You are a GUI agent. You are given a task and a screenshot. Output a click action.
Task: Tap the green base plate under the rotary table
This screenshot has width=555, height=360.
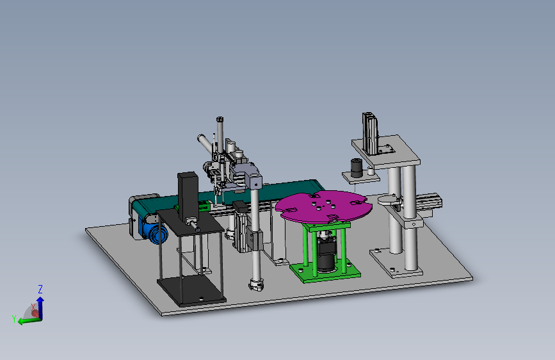325,271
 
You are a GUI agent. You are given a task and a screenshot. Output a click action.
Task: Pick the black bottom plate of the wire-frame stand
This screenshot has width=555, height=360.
191,291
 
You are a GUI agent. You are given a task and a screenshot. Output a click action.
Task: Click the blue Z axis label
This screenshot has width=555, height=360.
40,290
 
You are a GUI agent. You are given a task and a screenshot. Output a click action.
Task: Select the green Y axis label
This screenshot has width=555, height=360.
14,319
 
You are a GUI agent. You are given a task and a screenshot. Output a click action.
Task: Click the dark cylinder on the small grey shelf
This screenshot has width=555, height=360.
357,168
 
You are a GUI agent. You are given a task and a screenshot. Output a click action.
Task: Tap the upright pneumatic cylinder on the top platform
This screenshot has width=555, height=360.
370,134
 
